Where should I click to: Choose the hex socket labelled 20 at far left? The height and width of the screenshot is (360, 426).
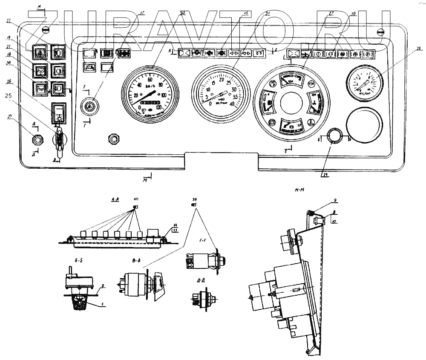(37, 138)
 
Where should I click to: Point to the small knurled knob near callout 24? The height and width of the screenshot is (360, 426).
(334, 136)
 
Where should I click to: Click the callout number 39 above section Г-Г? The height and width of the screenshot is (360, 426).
(194, 199)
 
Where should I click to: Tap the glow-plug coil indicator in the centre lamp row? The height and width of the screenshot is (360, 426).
(259, 54)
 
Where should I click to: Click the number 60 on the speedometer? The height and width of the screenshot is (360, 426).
(150, 80)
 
